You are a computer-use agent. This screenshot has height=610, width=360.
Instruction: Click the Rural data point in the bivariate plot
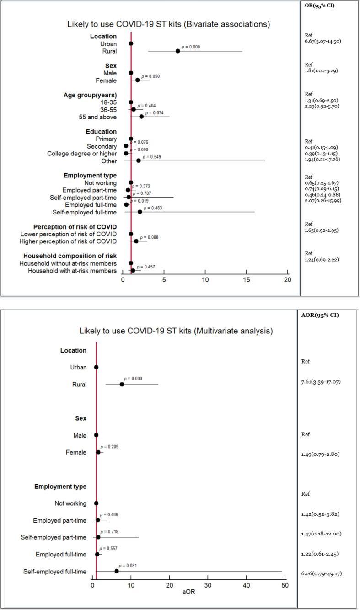pos(178,51)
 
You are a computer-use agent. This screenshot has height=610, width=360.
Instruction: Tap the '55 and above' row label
pos(98,117)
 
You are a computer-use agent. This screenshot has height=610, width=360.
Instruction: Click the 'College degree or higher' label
pos(82,154)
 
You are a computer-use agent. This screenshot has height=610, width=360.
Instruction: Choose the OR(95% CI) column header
pos(319,6)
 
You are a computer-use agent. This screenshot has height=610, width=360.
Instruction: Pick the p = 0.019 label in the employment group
pos(140,201)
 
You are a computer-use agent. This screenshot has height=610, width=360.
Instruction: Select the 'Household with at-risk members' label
pos(72,271)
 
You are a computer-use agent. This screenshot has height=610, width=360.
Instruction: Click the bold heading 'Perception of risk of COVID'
pos(75,227)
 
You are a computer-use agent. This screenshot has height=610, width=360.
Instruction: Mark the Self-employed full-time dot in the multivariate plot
pos(117,571)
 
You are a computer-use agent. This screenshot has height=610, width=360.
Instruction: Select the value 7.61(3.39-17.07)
pos(321,382)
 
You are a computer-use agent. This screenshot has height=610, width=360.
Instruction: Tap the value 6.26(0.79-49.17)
pos(322,573)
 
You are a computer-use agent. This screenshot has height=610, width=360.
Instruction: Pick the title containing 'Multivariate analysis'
pos(176,331)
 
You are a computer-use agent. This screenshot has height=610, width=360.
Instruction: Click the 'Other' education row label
pos(108,161)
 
